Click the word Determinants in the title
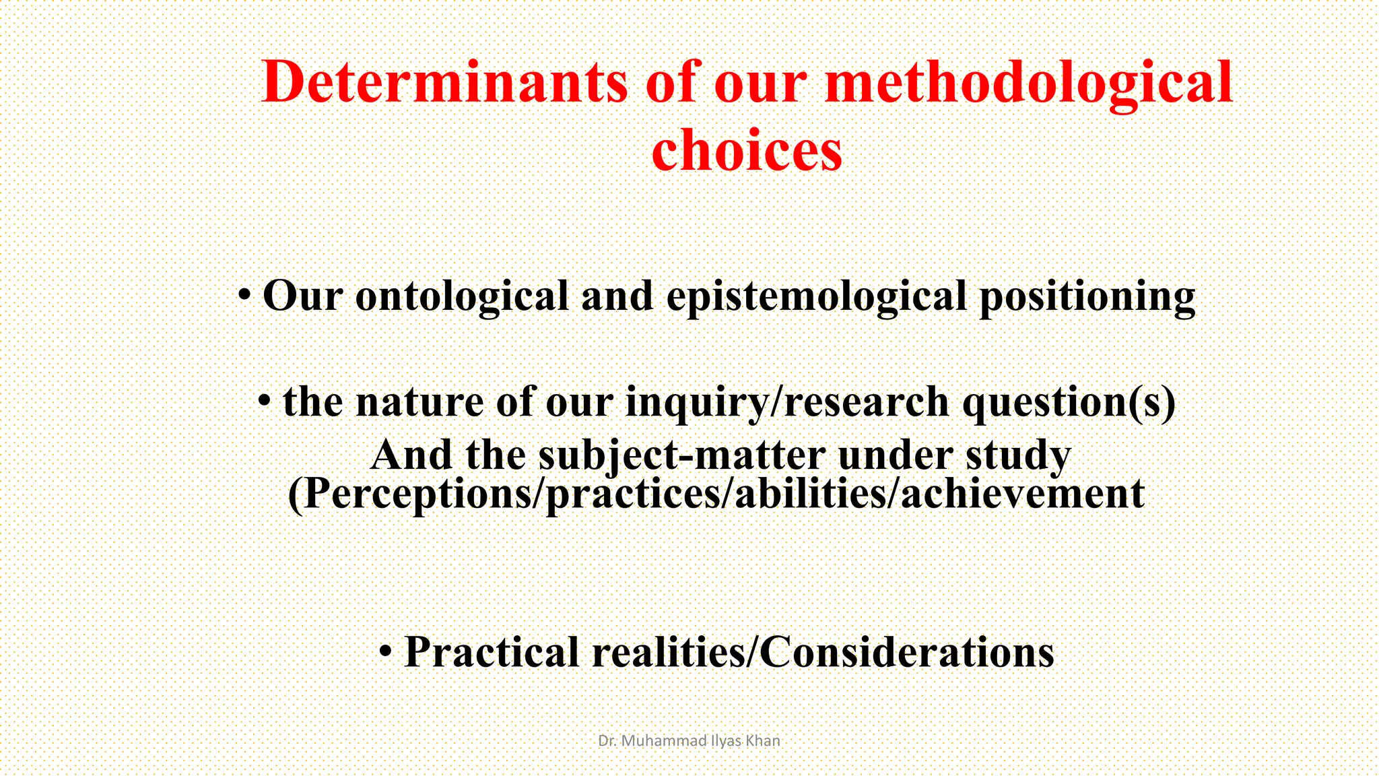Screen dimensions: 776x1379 click(445, 82)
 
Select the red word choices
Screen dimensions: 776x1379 click(747, 151)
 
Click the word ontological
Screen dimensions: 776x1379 click(462, 296)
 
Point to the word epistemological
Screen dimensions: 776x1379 click(816, 296)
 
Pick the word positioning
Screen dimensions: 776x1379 click(1087, 296)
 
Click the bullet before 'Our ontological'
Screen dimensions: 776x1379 click(246, 295)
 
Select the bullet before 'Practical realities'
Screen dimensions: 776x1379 click(385, 651)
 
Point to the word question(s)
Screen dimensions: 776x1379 click(1069, 402)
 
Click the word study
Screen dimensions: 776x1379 click(1018, 456)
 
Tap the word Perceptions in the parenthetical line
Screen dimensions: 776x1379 click(415, 494)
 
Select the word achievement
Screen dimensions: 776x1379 click(1022, 494)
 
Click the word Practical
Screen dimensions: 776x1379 click(491, 652)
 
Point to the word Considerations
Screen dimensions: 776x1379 click(906, 652)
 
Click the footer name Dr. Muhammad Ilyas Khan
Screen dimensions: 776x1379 click(689, 741)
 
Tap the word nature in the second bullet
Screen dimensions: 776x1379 click(419, 402)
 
